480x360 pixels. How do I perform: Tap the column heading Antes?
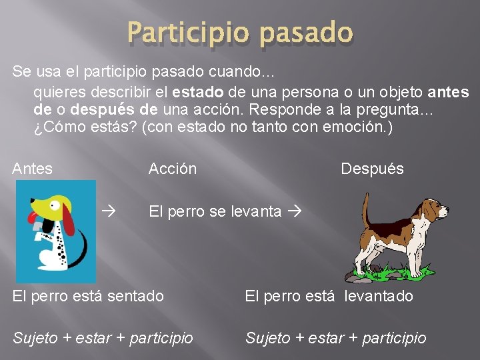[32, 169]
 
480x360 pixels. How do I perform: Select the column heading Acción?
[172, 169]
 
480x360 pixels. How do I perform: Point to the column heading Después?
[372, 169]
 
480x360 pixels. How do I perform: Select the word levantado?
[379, 295]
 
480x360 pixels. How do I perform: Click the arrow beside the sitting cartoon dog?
[109, 212]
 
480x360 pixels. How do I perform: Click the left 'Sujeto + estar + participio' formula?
[103, 338]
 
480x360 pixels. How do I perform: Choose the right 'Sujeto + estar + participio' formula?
[335, 338]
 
